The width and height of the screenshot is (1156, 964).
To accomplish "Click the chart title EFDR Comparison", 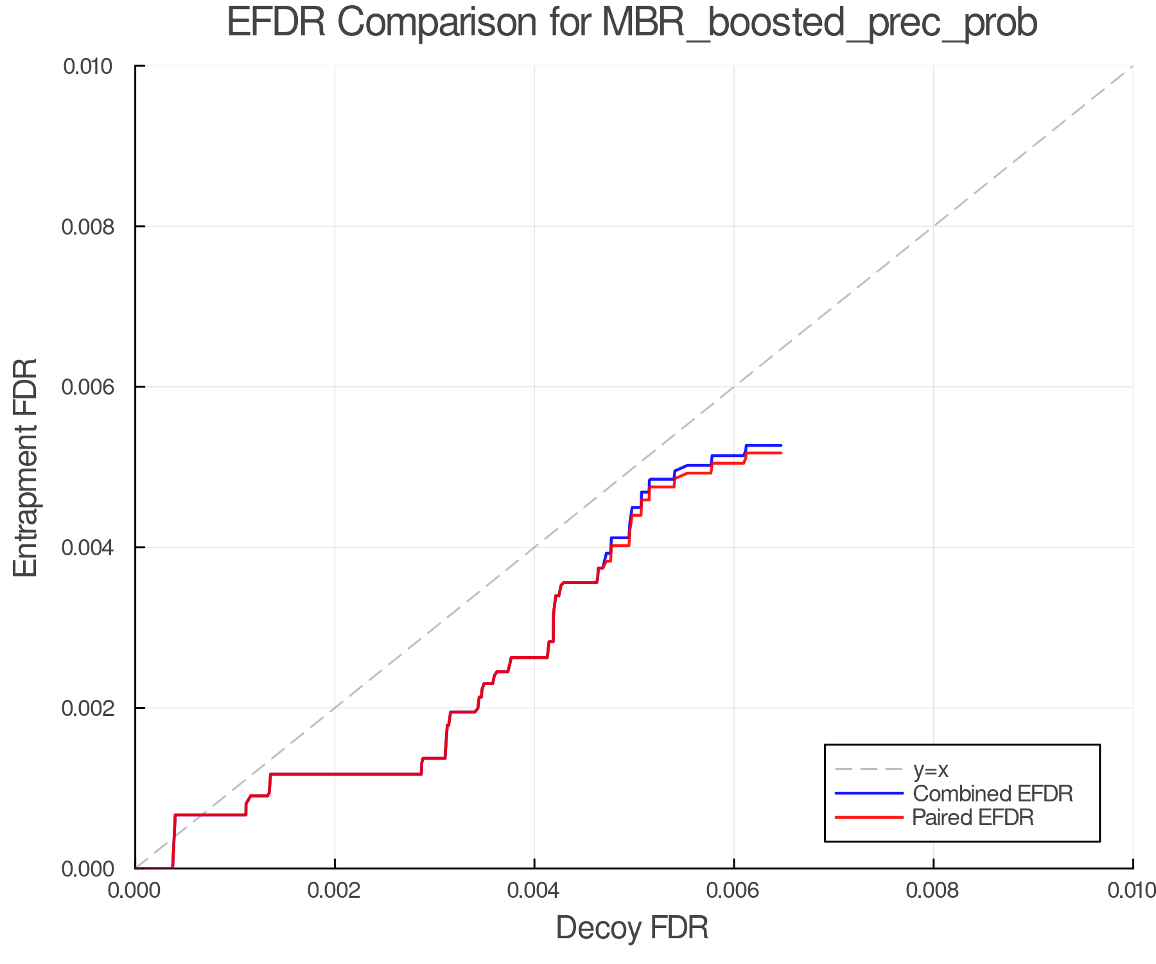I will coord(632,23).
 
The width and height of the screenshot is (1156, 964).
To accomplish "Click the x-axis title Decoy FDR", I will coord(632,928).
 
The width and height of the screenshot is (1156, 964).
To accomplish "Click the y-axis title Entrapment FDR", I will coord(26,468).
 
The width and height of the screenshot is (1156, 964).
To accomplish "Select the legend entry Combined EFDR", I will coord(992,794).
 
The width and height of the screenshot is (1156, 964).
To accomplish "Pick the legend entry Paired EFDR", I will coord(973,817).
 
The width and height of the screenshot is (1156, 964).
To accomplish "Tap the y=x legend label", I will coord(931,769).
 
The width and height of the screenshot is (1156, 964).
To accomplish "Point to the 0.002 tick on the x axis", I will coord(335,890).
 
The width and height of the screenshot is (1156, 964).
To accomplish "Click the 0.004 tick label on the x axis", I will coord(534,890).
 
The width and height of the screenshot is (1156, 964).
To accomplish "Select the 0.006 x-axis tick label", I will coord(733,890).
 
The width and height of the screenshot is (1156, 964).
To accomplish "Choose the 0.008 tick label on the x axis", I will coord(933,890).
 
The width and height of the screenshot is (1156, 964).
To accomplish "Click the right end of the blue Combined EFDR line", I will coord(780,445).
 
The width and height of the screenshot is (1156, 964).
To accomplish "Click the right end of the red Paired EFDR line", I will coord(780,453).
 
